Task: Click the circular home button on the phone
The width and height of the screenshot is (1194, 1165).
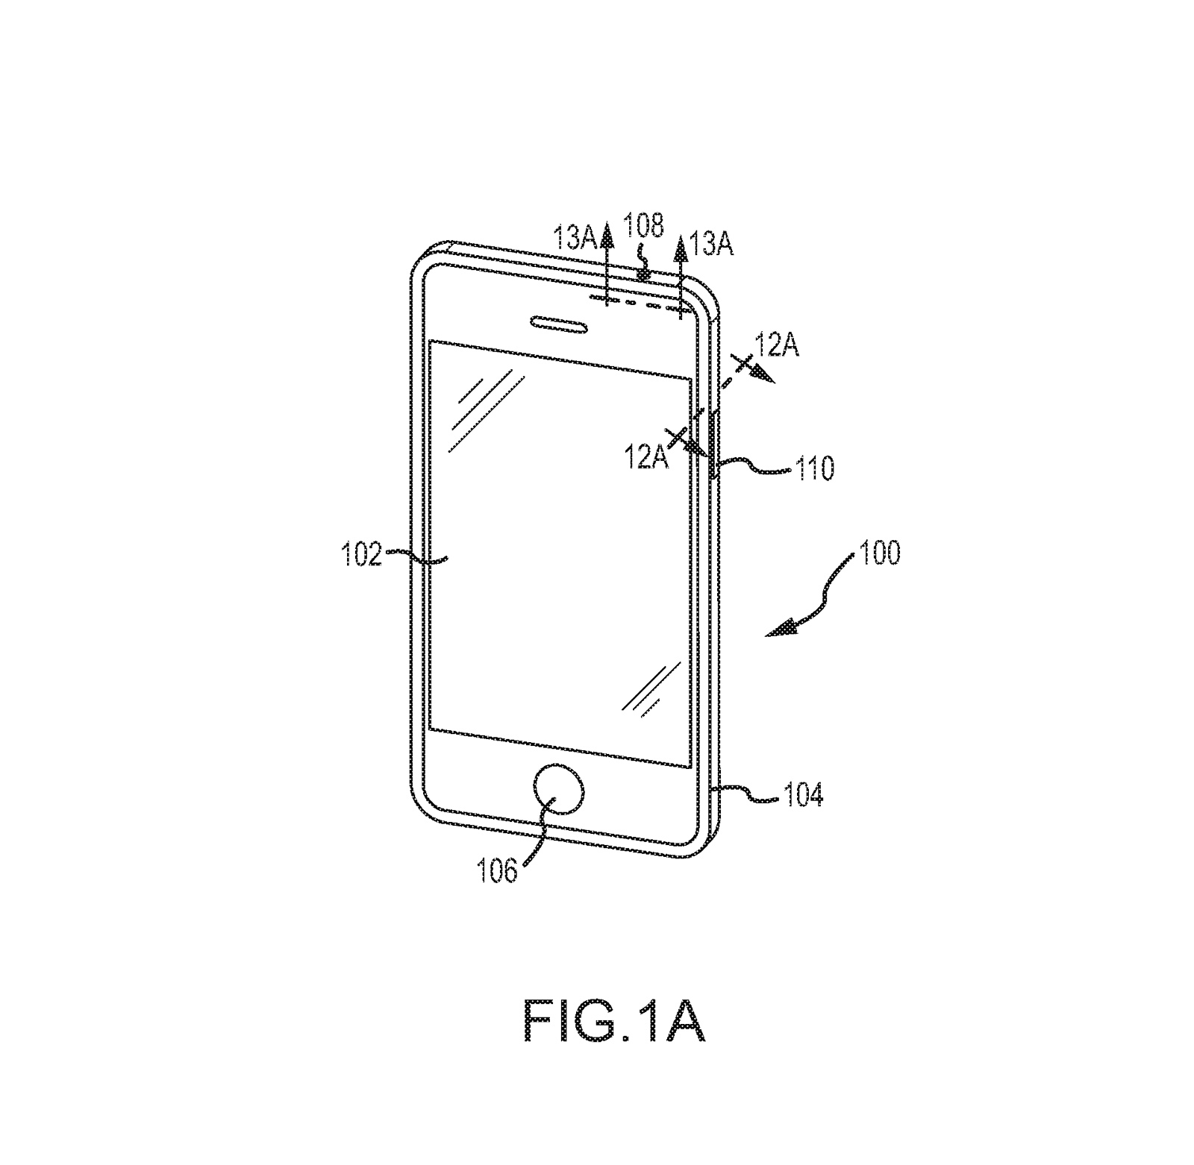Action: (x=557, y=791)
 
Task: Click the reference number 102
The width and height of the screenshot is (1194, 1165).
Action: (x=361, y=555)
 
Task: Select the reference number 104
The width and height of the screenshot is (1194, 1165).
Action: (x=802, y=796)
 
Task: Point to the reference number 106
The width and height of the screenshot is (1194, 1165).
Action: (x=497, y=870)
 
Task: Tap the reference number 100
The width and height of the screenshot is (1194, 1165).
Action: (x=880, y=553)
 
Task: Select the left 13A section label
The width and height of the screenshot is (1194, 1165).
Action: (x=574, y=239)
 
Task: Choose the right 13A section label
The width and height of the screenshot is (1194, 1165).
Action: (x=711, y=243)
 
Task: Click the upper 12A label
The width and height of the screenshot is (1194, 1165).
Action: (x=777, y=346)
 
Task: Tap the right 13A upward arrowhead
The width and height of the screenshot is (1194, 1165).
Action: (x=681, y=248)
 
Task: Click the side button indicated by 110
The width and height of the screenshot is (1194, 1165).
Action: (x=715, y=444)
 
